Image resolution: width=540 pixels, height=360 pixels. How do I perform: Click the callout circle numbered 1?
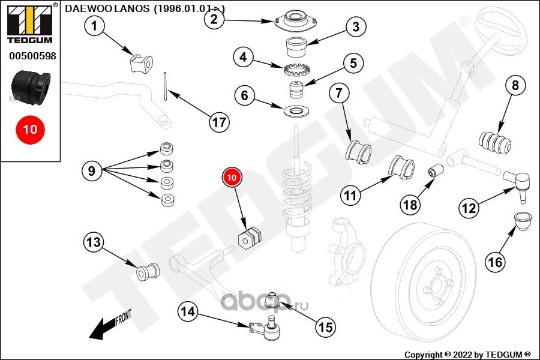coord(94,25)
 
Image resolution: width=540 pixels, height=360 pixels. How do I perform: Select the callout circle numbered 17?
coord(220,122)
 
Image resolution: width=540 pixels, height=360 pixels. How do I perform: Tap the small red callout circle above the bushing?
coord(232,177)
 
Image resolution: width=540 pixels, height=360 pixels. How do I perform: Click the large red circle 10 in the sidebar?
coord(30,130)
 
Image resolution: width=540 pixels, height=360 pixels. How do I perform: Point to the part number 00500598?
coord(32,56)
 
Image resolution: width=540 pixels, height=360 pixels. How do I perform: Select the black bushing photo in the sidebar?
coord(31,86)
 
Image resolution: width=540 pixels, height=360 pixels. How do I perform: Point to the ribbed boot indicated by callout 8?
coord(495,142)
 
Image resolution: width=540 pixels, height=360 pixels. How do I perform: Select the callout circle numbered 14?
coord(188,312)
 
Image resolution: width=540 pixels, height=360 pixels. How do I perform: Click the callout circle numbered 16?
coord(495,262)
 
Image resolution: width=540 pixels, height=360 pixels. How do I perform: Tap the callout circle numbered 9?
coord(92,170)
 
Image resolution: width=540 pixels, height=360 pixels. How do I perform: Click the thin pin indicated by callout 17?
coord(166,86)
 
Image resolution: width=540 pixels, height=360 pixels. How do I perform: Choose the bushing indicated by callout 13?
coord(148,272)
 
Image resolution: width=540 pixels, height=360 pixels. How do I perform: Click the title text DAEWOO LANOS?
coord(107,8)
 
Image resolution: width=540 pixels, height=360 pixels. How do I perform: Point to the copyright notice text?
coord(467,355)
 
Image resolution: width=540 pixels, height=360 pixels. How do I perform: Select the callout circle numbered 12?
coord(469,208)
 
